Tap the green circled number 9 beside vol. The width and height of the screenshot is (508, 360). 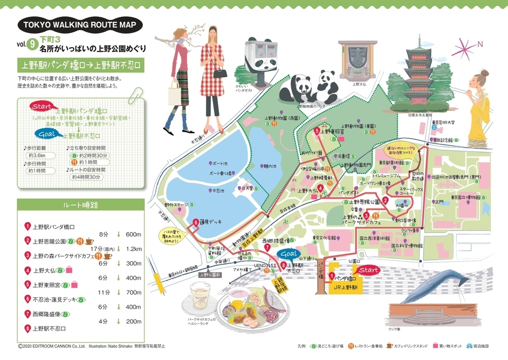click(x=33, y=45)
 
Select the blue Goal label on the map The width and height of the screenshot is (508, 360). click(x=288, y=254)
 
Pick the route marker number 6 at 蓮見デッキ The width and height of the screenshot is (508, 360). click(x=195, y=222)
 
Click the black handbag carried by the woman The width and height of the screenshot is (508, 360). click(x=219, y=73)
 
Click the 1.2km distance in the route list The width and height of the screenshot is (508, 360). click(x=133, y=249)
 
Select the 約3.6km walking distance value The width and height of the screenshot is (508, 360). click(x=38, y=156)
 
